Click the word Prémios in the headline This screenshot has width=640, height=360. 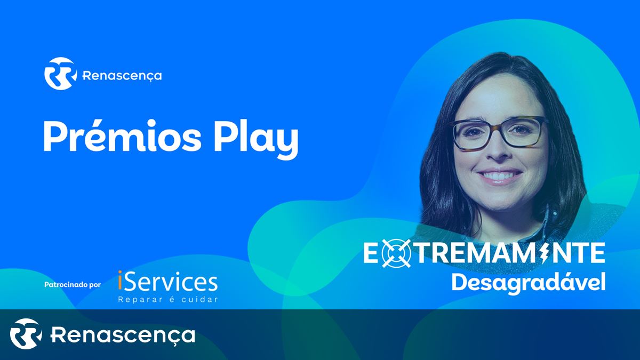pyautogui.click(x=122, y=135)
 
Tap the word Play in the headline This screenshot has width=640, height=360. pyautogui.click(x=256, y=139)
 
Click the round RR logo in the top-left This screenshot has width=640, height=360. pyautogui.click(x=61, y=74)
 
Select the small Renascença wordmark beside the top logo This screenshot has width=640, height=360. pyautogui.click(x=122, y=76)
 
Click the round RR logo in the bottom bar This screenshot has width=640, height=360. pyautogui.click(x=26, y=334)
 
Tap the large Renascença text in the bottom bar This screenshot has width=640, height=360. pyautogui.click(x=123, y=335)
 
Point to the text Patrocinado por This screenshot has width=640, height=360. pyautogui.click(x=73, y=285)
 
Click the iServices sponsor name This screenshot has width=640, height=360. pyautogui.click(x=167, y=281)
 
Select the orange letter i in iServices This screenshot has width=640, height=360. pyautogui.click(x=120, y=281)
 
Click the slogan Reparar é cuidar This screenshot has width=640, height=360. pyautogui.click(x=168, y=299)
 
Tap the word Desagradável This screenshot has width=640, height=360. pyautogui.click(x=529, y=283)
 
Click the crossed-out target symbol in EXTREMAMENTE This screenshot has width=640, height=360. pyautogui.click(x=396, y=253)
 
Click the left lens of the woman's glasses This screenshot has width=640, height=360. pyautogui.click(x=475, y=133)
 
